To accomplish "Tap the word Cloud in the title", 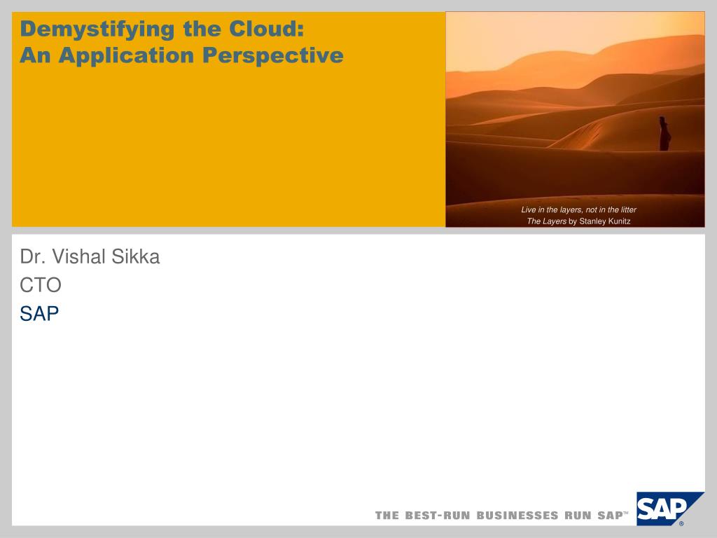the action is coord(267,29).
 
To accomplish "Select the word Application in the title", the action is coord(126,56).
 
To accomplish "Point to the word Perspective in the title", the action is coord(272,56).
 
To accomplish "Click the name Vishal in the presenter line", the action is coord(79,256).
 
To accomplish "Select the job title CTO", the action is coord(41,285).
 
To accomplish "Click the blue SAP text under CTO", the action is coord(39,313).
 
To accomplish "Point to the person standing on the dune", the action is coord(664,134).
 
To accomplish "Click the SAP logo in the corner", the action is coord(669,509).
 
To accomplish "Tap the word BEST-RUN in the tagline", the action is coord(438,516).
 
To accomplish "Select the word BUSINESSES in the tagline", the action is coord(517,516).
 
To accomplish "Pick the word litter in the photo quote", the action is coord(629,209).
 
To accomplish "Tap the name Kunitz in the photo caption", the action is coord(619,221).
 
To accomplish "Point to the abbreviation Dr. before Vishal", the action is coord(33,256).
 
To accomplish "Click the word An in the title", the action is coord(35,55).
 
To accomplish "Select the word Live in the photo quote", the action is coord(528,209).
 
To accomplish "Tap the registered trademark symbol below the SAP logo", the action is coord(681,524).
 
